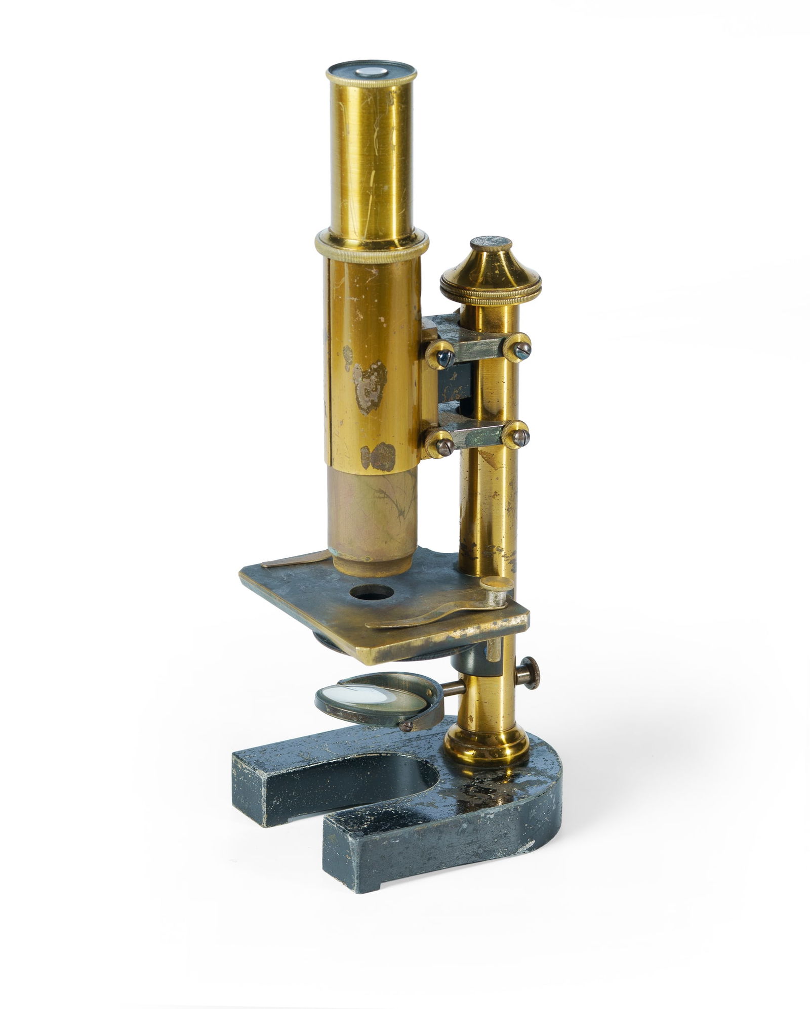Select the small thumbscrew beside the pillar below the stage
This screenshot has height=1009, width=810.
coord(530,673)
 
